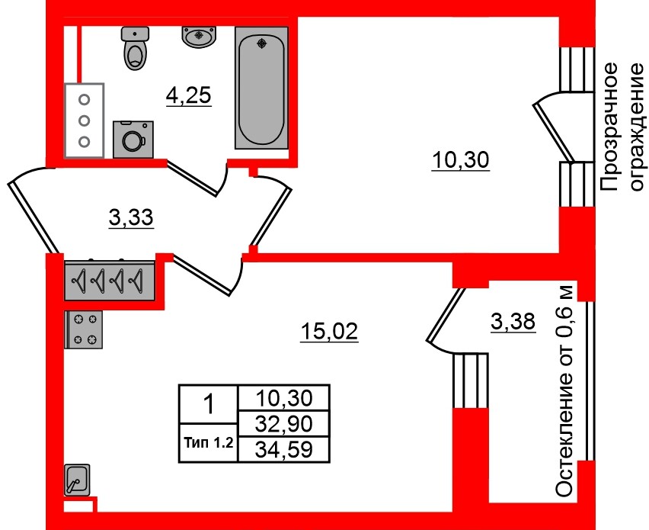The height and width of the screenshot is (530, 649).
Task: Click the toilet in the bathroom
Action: click(x=135, y=48)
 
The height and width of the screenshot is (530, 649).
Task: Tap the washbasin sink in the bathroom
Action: click(x=199, y=37)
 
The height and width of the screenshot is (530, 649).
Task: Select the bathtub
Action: click(x=261, y=88)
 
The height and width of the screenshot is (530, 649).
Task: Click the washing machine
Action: click(x=133, y=140)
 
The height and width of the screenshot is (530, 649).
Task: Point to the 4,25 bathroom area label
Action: click(x=189, y=96)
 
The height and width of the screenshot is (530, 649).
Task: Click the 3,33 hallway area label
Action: click(x=131, y=217)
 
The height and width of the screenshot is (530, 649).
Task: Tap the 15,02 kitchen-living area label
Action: click(x=329, y=332)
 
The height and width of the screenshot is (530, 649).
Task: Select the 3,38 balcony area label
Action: click(x=513, y=322)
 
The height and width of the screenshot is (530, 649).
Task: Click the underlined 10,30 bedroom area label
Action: click(x=460, y=160)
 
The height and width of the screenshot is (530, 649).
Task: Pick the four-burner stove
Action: click(x=84, y=330)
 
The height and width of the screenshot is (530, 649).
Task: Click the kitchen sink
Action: click(x=77, y=480)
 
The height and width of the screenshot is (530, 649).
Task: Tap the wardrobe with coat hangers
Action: click(x=110, y=281)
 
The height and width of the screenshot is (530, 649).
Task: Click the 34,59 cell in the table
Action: click(x=284, y=450)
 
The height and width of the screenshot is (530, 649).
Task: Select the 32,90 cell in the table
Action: click(x=284, y=423)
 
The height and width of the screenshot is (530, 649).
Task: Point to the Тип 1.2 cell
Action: click(x=209, y=443)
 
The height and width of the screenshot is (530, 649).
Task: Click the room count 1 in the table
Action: click(x=209, y=404)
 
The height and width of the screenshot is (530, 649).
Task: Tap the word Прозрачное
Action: click(x=609, y=127)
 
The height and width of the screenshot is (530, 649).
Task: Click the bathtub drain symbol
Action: click(x=261, y=43)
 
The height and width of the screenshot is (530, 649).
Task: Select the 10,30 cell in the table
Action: click(x=284, y=398)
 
